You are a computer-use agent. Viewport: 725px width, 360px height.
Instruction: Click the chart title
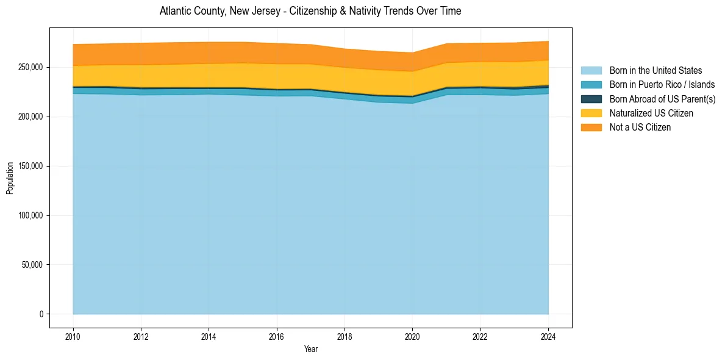(310, 11)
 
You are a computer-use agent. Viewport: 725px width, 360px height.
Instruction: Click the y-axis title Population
(10, 178)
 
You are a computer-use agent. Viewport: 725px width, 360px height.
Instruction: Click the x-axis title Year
(310, 350)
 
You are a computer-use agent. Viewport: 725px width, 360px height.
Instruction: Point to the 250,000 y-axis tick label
(30, 67)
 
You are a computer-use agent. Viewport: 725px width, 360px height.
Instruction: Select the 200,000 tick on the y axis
(30, 117)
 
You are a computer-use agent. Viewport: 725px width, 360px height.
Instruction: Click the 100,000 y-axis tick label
(30, 215)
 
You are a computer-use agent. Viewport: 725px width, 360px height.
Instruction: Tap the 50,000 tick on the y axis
(32, 265)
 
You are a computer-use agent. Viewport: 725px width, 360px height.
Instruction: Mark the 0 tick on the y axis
(41, 314)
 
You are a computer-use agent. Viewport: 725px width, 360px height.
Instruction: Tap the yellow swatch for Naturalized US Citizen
(591, 113)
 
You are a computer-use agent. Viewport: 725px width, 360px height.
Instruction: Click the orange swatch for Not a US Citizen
(591, 127)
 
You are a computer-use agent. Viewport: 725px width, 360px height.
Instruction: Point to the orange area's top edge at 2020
(412, 52)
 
